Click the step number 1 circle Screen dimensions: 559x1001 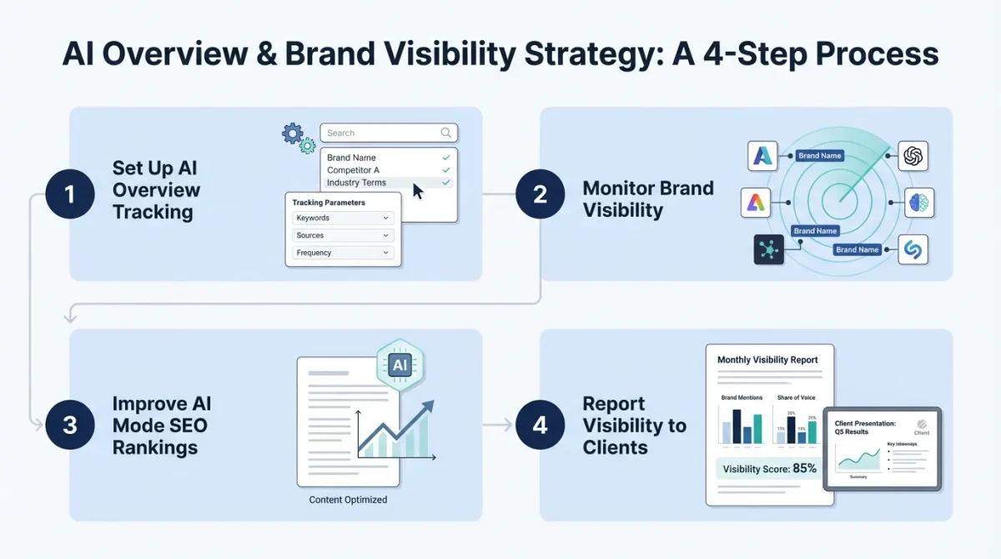pos(69,194)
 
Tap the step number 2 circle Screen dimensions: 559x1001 pos(540,194)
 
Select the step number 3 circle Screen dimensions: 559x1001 pos(69,425)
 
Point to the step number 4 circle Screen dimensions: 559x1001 pos(540,425)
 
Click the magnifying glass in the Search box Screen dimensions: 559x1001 pos(446,133)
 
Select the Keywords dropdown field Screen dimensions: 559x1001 pos(343,218)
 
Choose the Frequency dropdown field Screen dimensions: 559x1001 pos(343,253)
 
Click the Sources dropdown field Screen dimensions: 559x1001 pos(343,235)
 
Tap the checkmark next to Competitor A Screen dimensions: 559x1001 pos(446,170)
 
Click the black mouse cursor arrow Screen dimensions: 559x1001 pos(418,191)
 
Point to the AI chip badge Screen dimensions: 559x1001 pos(400,365)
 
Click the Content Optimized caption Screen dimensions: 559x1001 pos(348,500)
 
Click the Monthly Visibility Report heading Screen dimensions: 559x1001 pos(767,360)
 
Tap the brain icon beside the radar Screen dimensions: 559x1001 pos(919,203)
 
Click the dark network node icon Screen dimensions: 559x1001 pos(769,249)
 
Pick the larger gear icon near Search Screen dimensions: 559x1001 pos(292,133)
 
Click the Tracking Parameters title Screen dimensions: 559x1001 pos(329,203)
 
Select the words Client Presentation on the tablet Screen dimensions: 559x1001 pos(865,423)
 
